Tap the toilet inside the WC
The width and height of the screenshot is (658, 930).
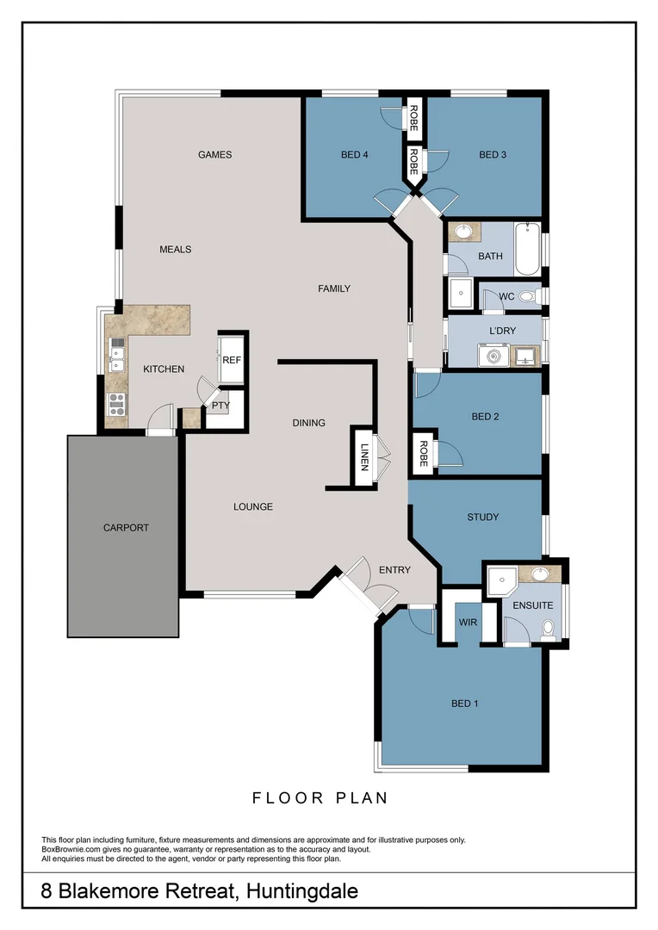pos(526,296)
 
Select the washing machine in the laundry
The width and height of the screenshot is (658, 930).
pos(494,355)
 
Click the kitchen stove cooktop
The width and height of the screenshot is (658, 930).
pos(115,402)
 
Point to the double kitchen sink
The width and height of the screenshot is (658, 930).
pos(115,354)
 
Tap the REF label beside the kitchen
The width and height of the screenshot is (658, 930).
pos(232,361)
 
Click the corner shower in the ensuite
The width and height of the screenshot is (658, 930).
pos(497,582)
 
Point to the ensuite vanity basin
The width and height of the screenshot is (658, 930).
pos(540,574)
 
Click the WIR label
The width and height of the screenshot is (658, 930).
pos(469,621)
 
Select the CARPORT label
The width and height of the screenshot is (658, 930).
pos(126,528)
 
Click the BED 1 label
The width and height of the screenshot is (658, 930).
pos(464,704)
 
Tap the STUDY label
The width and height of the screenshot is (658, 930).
pos(482,518)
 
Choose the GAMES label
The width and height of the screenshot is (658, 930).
pos(214,155)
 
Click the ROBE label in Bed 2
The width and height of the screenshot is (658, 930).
pos(423,454)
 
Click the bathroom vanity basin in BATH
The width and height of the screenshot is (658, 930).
pos(463,231)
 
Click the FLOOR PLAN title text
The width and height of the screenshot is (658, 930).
pos(320,798)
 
